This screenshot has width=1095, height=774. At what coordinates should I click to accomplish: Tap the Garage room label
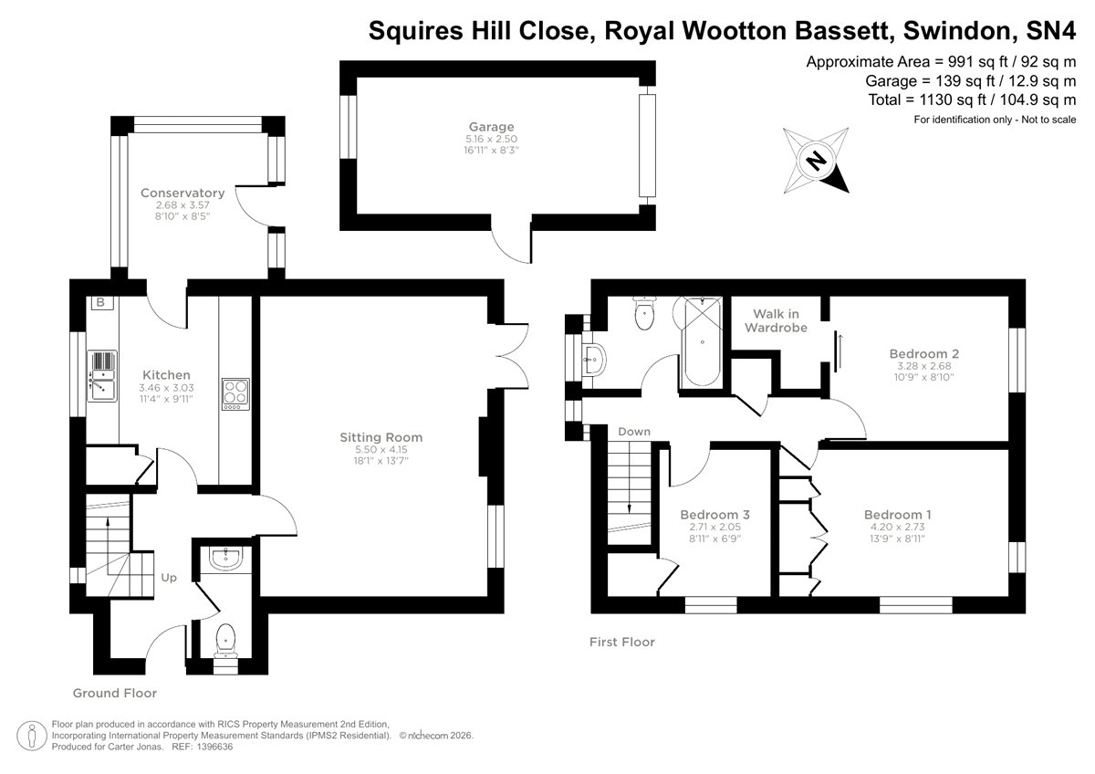[491, 127]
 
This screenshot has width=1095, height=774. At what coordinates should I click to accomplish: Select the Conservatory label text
[182, 193]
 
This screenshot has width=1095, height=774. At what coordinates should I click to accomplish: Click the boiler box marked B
[100, 303]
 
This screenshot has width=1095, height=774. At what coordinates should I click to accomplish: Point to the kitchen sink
[102, 376]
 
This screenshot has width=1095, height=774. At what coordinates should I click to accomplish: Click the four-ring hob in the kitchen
[235, 393]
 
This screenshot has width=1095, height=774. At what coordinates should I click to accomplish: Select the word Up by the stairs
[170, 577]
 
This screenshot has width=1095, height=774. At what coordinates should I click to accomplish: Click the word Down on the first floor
[633, 432]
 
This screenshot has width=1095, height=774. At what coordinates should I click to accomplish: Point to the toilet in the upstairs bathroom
[645, 314]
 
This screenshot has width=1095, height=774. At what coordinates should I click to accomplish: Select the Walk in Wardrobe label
[776, 320]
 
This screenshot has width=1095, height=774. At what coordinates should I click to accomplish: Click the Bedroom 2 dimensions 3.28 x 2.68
[923, 366]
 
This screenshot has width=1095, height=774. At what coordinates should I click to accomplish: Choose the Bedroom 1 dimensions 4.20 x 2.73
[898, 527]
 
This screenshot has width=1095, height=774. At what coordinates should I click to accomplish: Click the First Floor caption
[621, 643]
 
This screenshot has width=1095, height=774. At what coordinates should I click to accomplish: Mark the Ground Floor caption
[115, 693]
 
